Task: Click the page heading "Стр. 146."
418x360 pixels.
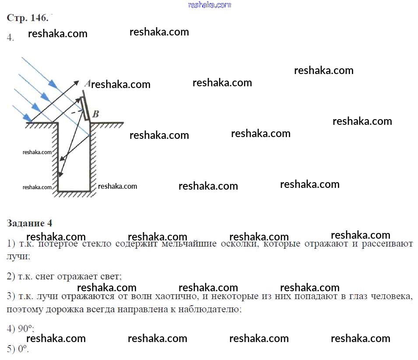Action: (x=28, y=18)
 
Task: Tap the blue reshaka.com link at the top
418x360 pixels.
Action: (x=209, y=5)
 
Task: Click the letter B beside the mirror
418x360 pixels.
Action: (x=96, y=114)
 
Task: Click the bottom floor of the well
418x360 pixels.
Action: (x=74, y=191)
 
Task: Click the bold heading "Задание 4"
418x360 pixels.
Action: (x=29, y=223)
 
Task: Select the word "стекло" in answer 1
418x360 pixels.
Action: (x=98, y=244)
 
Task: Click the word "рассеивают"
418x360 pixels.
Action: (x=387, y=244)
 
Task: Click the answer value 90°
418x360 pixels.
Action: (x=26, y=329)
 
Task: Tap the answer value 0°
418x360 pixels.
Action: (x=23, y=349)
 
